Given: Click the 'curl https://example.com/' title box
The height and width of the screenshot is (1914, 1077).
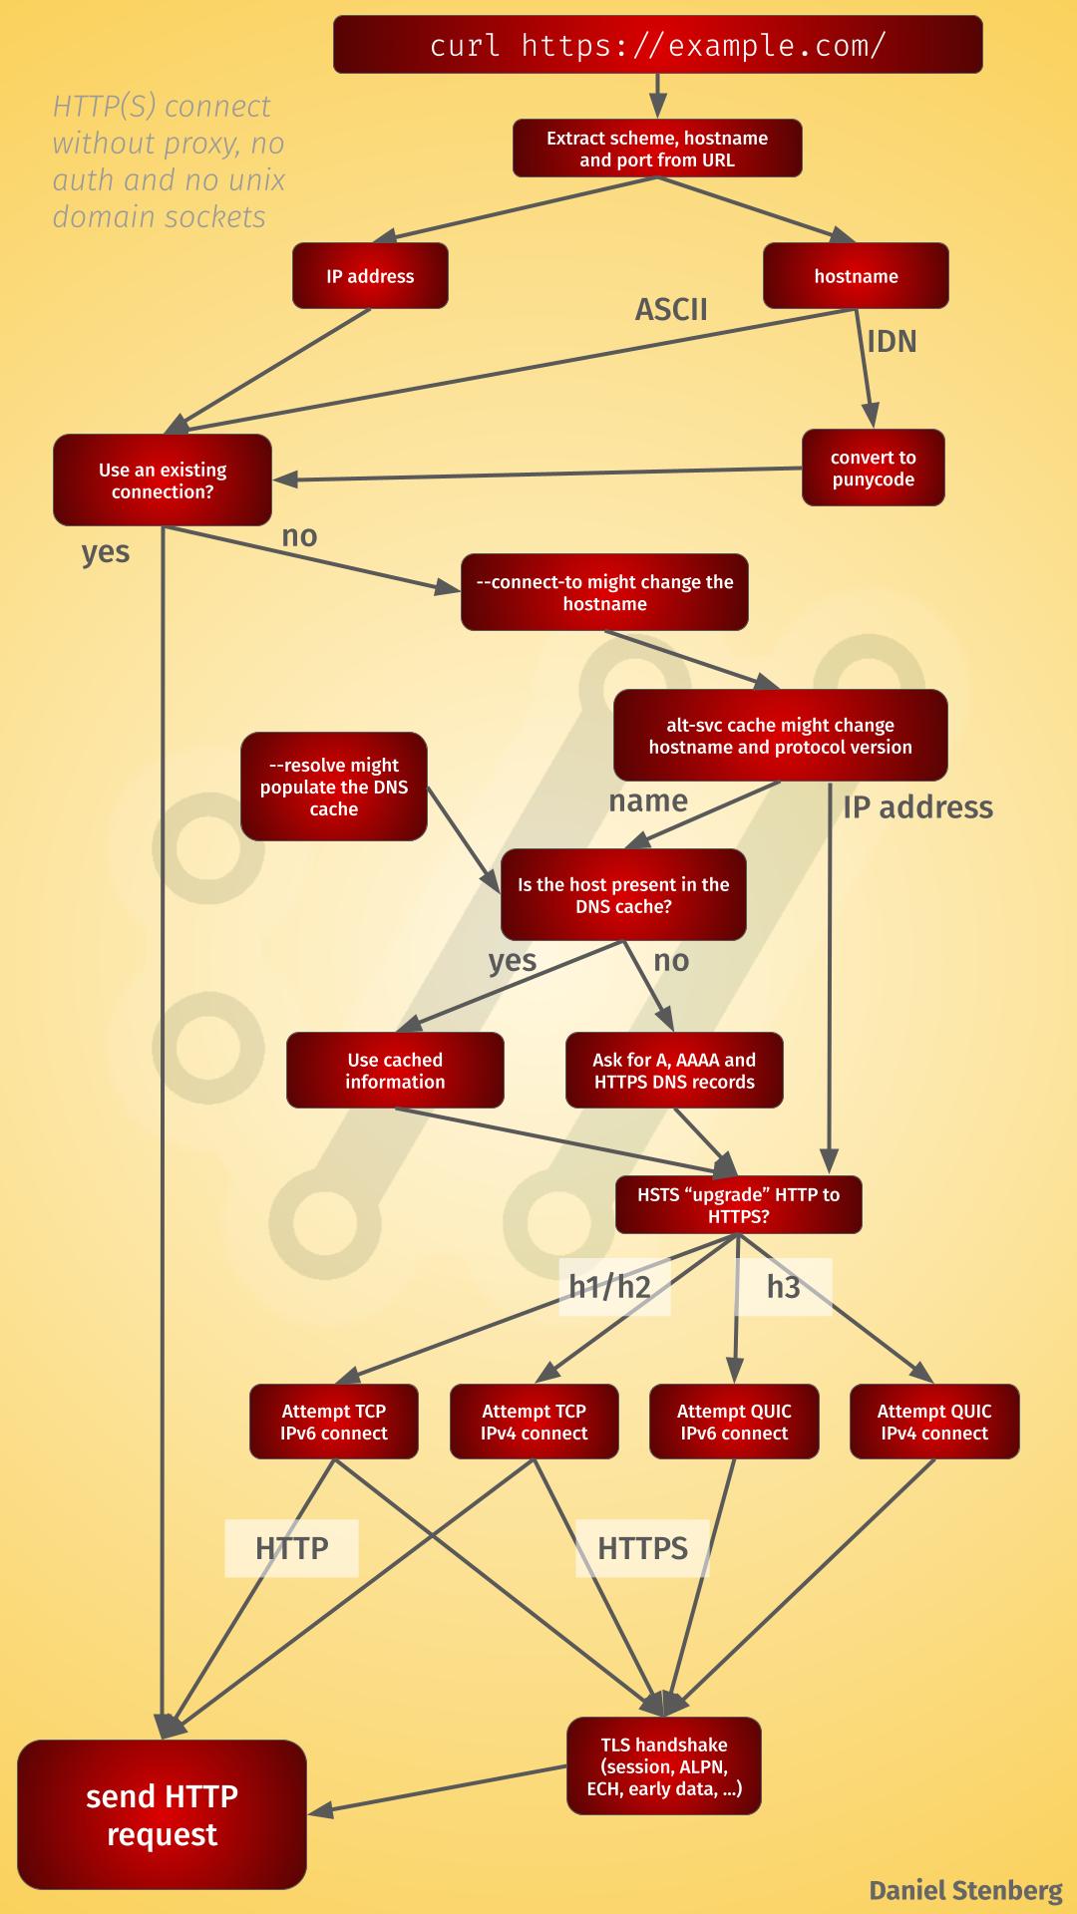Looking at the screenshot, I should click(657, 45).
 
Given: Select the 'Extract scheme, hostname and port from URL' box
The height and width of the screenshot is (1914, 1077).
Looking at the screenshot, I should click(657, 149).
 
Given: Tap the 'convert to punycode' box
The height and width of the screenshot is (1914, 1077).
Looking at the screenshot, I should click(873, 469).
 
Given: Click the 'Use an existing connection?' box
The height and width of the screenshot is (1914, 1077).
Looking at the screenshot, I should click(163, 480).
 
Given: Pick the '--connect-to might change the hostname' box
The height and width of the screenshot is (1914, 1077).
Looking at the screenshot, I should click(604, 592).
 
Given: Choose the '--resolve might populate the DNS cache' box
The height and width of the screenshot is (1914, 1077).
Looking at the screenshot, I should click(333, 787).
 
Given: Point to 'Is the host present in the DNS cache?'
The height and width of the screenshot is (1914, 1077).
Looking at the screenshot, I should click(623, 895).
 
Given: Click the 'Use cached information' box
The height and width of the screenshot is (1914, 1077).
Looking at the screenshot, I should click(395, 1071).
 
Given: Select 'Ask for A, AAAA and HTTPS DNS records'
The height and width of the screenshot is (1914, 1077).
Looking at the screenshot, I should click(674, 1071).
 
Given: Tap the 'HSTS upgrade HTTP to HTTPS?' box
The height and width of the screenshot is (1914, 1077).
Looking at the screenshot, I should click(738, 1205).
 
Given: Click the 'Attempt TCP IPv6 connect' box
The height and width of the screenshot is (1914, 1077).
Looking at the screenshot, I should click(333, 1422).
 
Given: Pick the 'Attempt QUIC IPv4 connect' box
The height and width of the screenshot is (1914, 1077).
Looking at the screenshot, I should click(934, 1422).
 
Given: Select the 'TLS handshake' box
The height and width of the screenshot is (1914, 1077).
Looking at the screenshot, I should click(664, 1766).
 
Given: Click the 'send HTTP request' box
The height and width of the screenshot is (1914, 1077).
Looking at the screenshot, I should click(162, 1815).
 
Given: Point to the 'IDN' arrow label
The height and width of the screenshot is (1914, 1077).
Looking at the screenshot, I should click(892, 342).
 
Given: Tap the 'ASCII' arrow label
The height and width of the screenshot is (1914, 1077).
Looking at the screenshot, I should click(671, 310).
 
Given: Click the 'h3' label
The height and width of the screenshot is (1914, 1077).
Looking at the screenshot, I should click(784, 1287).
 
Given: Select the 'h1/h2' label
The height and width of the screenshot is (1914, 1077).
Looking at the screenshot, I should click(609, 1287).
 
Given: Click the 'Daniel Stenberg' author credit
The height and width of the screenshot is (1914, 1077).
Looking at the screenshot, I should click(965, 1890).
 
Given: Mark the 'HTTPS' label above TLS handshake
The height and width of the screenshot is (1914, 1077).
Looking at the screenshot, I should click(642, 1548).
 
